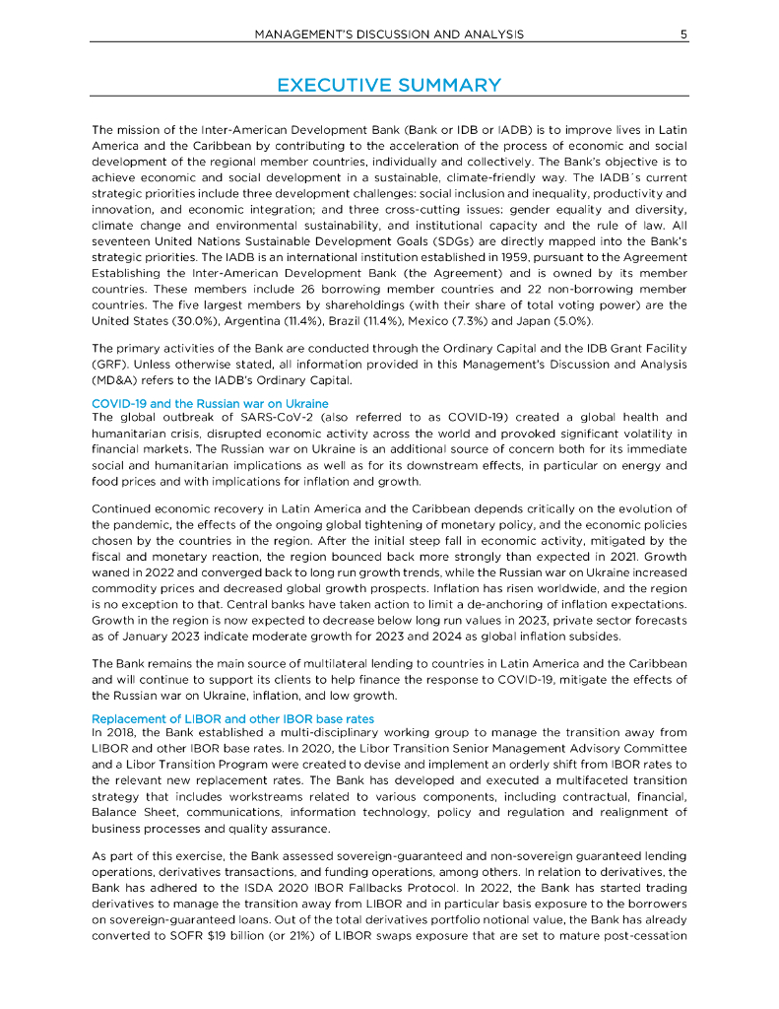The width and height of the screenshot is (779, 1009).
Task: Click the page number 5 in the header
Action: tap(682, 34)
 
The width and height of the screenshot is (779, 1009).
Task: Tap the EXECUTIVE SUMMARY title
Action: tap(389, 85)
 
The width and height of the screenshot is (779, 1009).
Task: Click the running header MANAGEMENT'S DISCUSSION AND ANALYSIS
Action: tap(389, 34)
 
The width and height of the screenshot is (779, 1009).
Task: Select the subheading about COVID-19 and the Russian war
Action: tap(210, 404)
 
